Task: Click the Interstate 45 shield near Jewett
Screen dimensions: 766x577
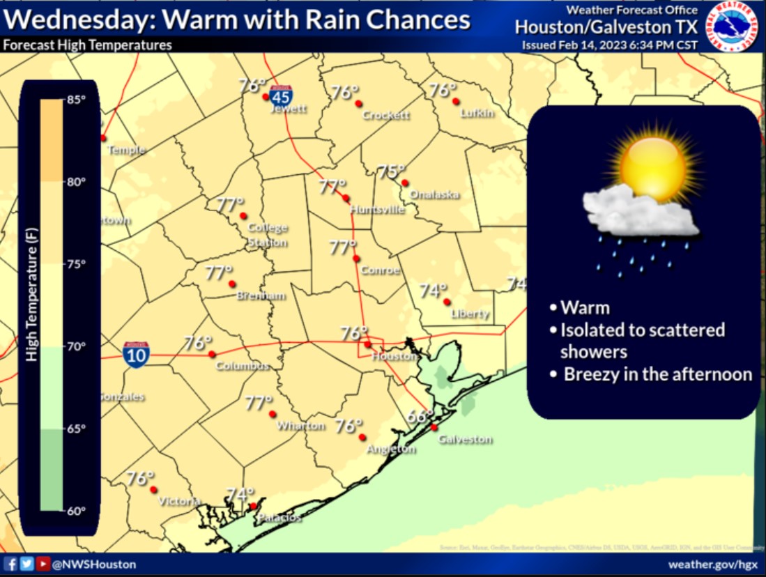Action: [x=282, y=96]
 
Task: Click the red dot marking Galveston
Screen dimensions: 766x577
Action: [x=434, y=427]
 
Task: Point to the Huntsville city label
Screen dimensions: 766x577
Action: [x=377, y=209]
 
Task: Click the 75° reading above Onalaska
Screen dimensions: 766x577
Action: [x=391, y=171]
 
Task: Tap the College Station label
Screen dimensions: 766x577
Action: [x=268, y=235]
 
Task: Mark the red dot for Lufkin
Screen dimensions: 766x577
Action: [x=455, y=101]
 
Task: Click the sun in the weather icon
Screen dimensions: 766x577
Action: [x=652, y=162]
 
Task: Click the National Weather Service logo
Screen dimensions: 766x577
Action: [x=733, y=26]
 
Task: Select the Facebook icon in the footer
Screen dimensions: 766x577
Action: [x=10, y=564]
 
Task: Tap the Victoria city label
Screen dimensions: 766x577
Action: [x=180, y=501]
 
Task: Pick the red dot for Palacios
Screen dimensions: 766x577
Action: [x=254, y=507]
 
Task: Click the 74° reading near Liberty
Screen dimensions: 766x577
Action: [x=433, y=291]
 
